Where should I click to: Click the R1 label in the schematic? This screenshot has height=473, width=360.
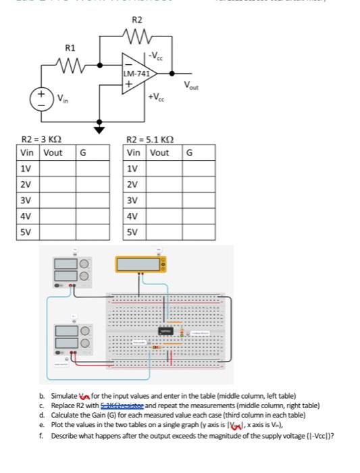[70, 47]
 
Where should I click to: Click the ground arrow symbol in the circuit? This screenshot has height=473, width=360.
[100, 128]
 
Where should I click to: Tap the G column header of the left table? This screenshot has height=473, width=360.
[83, 152]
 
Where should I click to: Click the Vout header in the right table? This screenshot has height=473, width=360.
[159, 152]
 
